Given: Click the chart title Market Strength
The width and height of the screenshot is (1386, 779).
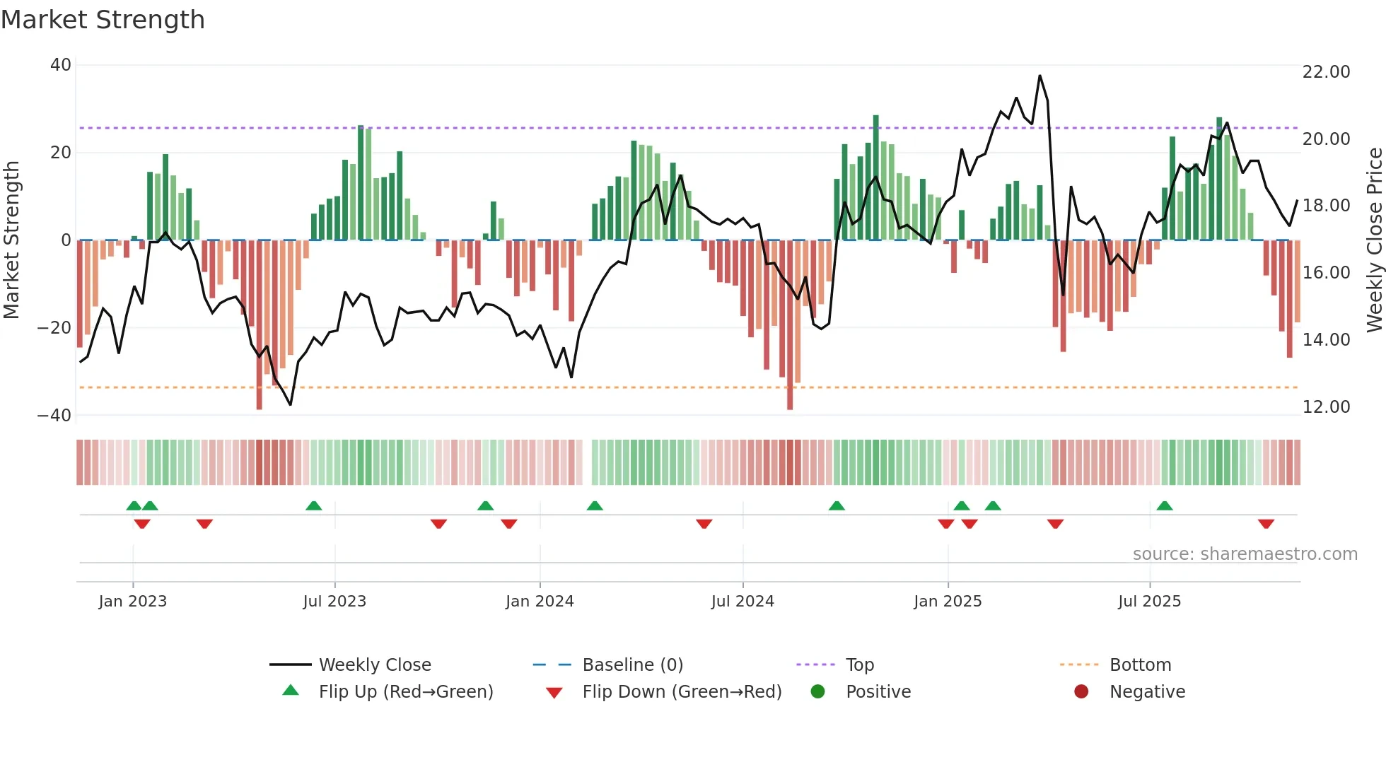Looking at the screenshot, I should [103, 20].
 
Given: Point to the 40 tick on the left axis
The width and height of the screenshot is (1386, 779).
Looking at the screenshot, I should [61, 65].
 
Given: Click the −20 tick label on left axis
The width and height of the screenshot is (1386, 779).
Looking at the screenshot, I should [54, 328].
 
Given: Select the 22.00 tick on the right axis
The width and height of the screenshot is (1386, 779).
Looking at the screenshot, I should [1326, 72].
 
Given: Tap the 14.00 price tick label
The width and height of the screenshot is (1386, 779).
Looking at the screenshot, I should [1326, 340].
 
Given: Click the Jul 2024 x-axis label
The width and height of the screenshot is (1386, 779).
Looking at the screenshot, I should [742, 602].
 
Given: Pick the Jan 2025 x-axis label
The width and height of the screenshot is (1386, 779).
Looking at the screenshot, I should [948, 602].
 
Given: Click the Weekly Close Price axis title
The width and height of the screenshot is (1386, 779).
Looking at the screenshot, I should [1374, 240].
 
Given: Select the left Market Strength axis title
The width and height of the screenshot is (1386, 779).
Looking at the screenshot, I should [11, 240].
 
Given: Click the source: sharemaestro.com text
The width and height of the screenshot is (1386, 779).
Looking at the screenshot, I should [1245, 554].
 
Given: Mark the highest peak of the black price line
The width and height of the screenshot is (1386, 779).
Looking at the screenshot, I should [1039, 76].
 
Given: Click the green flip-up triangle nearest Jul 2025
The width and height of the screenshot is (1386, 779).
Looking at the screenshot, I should [1165, 506].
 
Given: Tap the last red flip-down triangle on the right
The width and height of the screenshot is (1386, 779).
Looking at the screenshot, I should [1266, 524].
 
